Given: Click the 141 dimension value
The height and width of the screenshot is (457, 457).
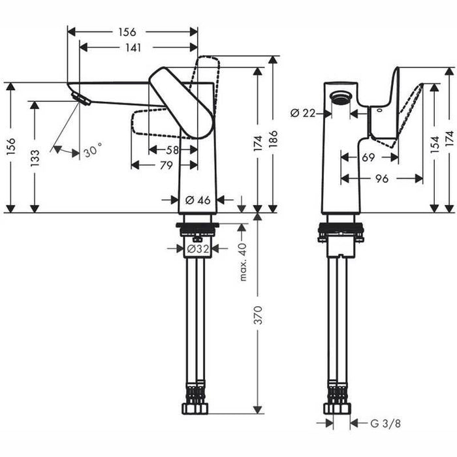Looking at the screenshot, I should [137, 47].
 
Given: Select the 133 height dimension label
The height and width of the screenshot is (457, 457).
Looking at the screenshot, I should [35, 157].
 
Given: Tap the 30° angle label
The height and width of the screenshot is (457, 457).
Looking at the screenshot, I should [92, 153].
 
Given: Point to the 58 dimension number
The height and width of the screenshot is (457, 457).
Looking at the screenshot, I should [172, 150].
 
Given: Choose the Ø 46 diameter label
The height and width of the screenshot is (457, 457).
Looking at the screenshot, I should [198, 200].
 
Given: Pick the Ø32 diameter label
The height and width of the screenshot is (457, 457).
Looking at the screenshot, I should [197, 249].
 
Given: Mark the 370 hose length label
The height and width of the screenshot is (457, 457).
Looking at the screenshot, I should [259, 317].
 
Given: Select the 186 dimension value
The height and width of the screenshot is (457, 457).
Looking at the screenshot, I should [274, 140].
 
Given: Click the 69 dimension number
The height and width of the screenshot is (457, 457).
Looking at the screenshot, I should [368, 158].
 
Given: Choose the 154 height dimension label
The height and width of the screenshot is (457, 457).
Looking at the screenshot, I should [435, 149].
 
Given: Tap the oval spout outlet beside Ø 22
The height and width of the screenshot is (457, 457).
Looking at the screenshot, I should [339, 99].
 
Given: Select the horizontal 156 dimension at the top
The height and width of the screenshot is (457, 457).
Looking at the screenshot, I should [127, 31].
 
